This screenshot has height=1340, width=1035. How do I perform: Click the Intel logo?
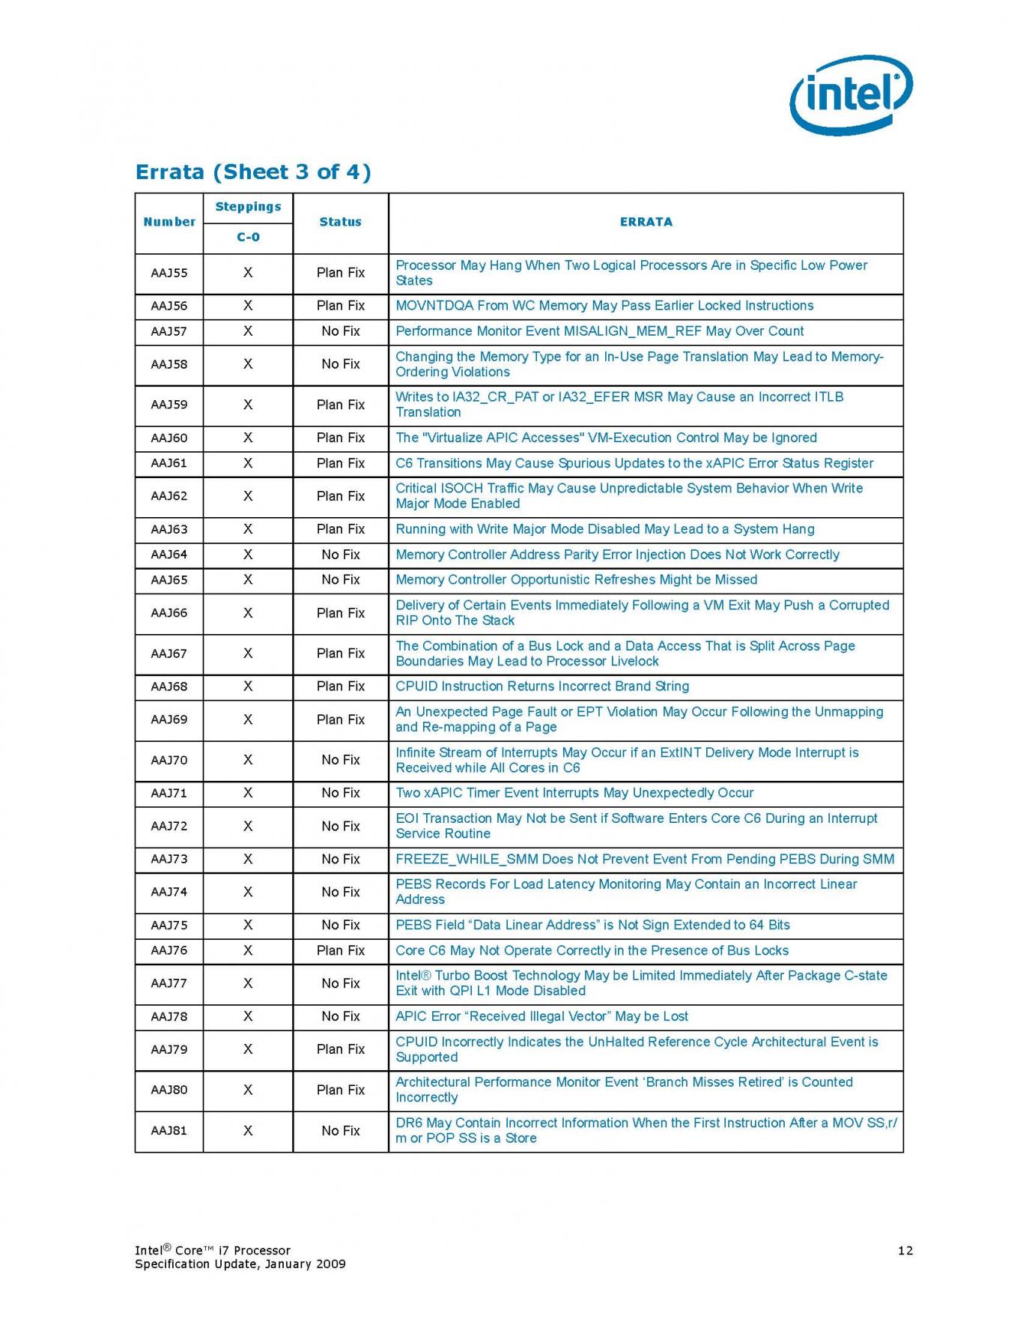coord(851,94)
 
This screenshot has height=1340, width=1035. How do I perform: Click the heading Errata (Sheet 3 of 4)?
coord(253,172)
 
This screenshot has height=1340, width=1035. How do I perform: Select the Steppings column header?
coord(248,207)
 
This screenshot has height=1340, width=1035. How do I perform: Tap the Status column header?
coord(340,222)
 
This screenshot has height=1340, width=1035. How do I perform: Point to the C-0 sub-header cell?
coord(248,238)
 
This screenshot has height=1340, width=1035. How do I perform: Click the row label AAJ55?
coord(169,273)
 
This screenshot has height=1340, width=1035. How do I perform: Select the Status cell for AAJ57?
coord(341,331)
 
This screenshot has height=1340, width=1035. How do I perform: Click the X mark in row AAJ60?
coord(248,438)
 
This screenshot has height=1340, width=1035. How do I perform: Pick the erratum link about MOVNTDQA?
coord(604,306)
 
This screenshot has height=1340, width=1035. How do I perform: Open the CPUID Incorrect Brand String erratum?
coord(542,686)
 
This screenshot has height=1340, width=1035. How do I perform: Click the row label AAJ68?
coord(169,686)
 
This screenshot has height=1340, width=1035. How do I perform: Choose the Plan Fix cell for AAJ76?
coord(341,950)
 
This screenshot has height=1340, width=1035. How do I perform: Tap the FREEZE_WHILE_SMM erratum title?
coord(645,859)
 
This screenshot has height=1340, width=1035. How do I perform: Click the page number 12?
coord(905,1250)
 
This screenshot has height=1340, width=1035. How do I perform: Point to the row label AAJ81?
coord(169,1130)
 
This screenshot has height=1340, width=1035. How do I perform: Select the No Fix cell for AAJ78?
coord(341,1016)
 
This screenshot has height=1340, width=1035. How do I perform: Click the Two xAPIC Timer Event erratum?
coord(574,793)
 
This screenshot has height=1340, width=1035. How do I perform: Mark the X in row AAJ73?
coord(248,859)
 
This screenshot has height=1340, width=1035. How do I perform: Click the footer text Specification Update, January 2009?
coord(240,1264)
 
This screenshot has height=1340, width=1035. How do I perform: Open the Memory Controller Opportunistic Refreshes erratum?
coord(576,580)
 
